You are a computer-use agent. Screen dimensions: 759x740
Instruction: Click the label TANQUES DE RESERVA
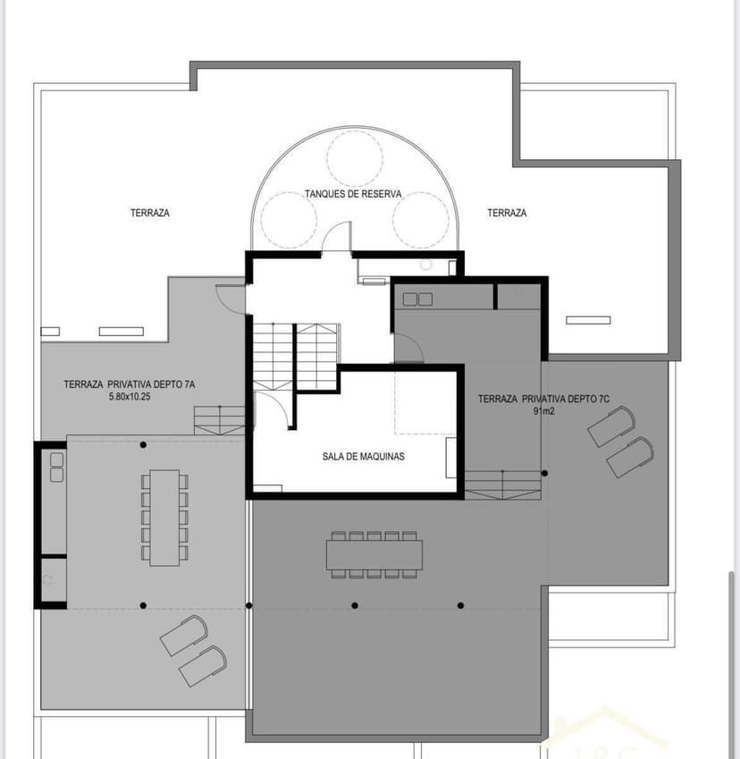pos(353,193)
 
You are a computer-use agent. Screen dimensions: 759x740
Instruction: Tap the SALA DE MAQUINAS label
pos(364,456)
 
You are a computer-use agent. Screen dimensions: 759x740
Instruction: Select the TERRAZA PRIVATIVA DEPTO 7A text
pos(129,384)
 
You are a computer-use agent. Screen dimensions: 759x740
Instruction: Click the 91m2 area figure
pos(542,411)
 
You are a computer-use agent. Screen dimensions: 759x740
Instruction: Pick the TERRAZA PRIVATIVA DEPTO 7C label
pos(543,399)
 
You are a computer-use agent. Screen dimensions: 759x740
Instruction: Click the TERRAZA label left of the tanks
pos(149,213)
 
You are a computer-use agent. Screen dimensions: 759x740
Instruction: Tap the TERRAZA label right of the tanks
pos(507,213)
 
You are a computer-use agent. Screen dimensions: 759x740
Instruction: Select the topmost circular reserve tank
pos(355,158)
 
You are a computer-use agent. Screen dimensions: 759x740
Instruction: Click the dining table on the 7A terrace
pos(164,518)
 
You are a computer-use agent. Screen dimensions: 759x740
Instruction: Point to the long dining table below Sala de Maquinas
pos(374,553)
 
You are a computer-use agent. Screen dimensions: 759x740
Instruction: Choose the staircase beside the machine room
pos(295,356)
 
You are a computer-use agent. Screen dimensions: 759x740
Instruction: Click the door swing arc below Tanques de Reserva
pos(336,237)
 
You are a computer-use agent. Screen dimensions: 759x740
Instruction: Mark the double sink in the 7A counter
pos(56,466)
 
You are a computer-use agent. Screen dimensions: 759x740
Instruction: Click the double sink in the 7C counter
pos(416,298)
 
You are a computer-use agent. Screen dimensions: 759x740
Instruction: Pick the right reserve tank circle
pos(420,220)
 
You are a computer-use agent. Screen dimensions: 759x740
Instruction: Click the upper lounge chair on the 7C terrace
pos(611,427)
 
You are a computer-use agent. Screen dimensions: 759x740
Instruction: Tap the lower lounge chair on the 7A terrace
pos(202,666)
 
